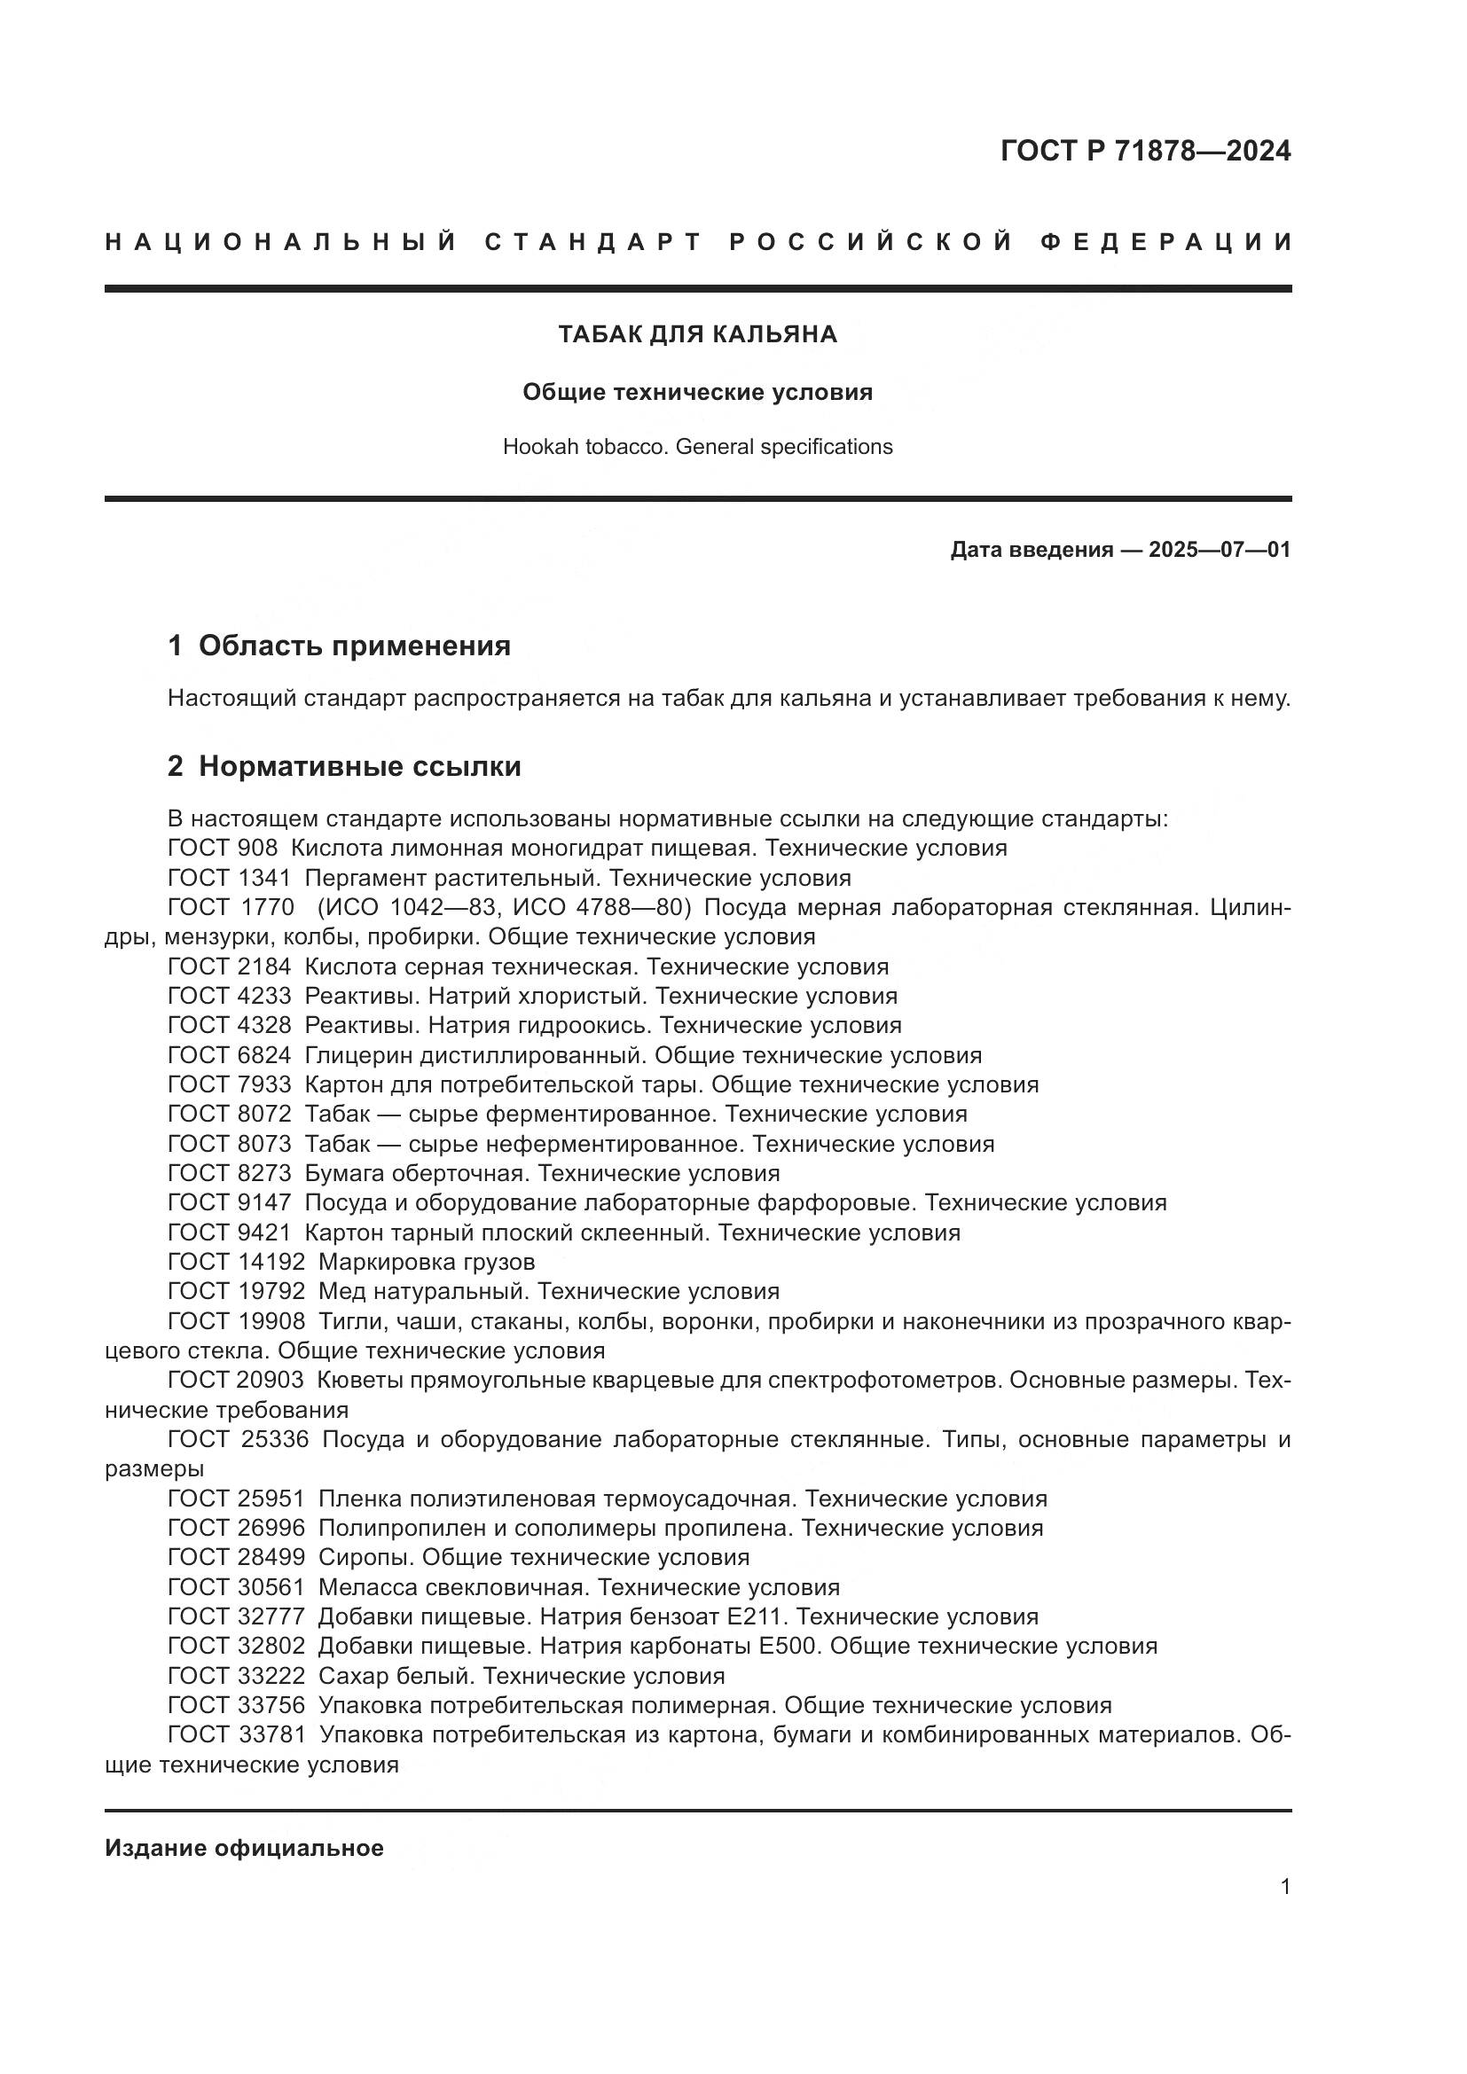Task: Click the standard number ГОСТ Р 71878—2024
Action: (x=1144, y=151)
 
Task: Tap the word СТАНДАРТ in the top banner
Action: (x=593, y=242)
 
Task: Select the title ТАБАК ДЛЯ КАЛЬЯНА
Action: (x=697, y=335)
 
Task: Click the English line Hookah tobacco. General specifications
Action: (x=697, y=447)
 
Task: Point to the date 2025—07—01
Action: (x=1219, y=550)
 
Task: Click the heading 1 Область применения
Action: (x=339, y=646)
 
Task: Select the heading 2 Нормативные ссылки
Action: (x=344, y=766)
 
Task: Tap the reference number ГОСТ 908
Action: (x=223, y=849)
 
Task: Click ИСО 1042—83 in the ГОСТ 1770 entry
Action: (x=399, y=907)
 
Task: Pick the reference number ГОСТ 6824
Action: (x=230, y=1055)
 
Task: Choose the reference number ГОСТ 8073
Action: (x=230, y=1144)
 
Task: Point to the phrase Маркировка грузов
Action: (x=427, y=1262)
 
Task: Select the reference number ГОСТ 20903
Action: (x=237, y=1381)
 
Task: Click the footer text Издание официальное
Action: (x=244, y=1848)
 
